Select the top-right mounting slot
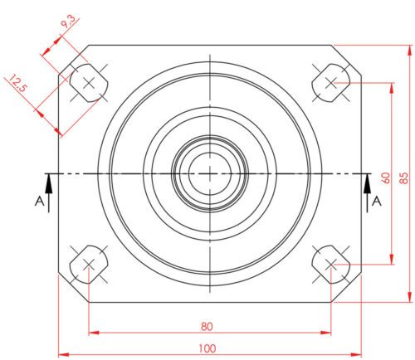[331, 82]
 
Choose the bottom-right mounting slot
[331, 265]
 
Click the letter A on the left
[37, 202]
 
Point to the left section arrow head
[49, 178]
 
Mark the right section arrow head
[368, 178]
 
